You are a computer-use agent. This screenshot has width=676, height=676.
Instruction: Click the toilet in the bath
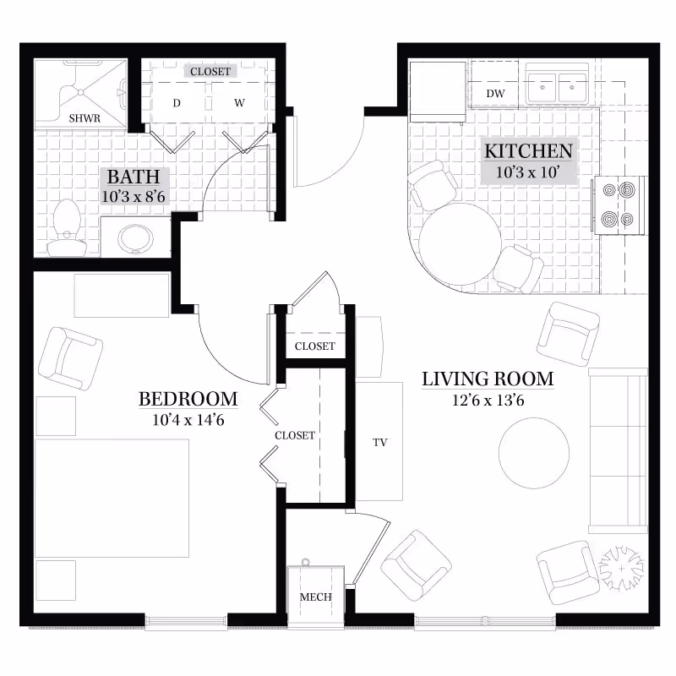pyautogui.click(x=67, y=227)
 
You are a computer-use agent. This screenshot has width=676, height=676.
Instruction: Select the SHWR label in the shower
pyautogui.click(x=84, y=118)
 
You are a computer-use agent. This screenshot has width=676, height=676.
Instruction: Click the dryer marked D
pyautogui.click(x=177, y=102)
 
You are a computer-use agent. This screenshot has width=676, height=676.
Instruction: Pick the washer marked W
pyautogui.click(x=240, y=102)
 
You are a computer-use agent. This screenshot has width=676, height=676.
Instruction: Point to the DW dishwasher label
pyautogui.click(x=495, y=94)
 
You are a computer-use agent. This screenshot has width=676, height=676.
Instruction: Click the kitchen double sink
pyautogui.click(x=557, y=87)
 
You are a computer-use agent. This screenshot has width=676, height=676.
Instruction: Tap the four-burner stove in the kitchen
pyautogui.click(x=619, y=205)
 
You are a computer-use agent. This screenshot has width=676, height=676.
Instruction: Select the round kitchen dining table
pyautogui.click(x=461, y=244)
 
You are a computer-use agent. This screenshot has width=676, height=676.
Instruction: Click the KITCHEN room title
pyautogui.click(x=529, y=151)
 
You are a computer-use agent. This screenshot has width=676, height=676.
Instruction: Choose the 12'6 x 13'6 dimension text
pyautogui.click(x=488, y=401)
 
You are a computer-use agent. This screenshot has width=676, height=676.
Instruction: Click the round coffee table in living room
pyautogui.click(x=534, y=453)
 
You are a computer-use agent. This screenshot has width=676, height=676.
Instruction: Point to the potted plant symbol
pyautogui.click(x=621, y=568)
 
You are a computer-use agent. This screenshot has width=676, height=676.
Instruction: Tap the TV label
pyautogui.click(x=379, y=442)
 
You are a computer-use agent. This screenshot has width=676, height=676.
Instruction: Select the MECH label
pyautogui.click(x=315, y=597)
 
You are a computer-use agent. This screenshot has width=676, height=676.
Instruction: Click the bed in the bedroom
pyautogui.click(x=112, y=498)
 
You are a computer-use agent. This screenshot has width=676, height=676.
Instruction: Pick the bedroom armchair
pyautogui.click(x=70, y=359)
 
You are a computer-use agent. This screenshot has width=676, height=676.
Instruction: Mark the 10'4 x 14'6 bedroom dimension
pyautogui.click(x=188, y=420)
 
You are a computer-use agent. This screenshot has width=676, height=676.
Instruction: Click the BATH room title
pyautogui.click(x=134, y=177)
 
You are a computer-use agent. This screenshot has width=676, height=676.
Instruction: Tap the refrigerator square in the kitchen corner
pyautogui.click(x=438, y=92)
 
